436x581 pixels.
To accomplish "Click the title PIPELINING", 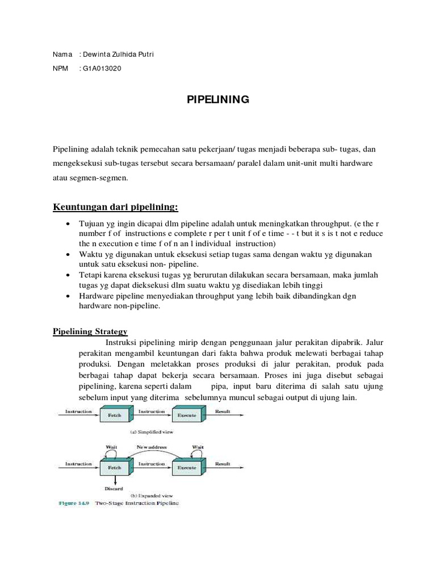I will click(218, 100).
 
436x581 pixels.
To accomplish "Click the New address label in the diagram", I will click(152, 447).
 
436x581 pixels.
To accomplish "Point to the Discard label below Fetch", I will click(114, 488).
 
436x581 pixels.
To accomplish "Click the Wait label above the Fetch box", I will click(112, 447).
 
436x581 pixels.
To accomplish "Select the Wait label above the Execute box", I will click(198, 447).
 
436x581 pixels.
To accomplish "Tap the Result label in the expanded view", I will click(223, 464).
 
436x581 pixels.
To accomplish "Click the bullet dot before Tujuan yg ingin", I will click(69, 224).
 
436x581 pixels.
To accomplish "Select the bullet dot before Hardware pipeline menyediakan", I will click(69, 297).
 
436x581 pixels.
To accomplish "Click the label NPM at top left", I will click(60, 69).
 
